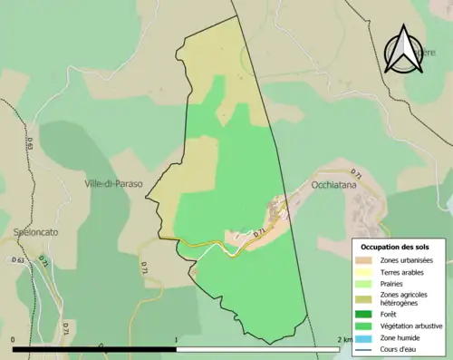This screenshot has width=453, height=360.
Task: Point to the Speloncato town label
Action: [x=37, y=231]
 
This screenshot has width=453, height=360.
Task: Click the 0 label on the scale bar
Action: [x=14, y=339]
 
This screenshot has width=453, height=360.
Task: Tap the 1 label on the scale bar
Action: [x=175, y=339]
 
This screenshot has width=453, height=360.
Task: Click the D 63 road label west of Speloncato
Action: [x=18, y=260]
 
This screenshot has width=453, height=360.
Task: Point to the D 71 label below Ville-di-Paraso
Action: [x=143, y=266]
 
